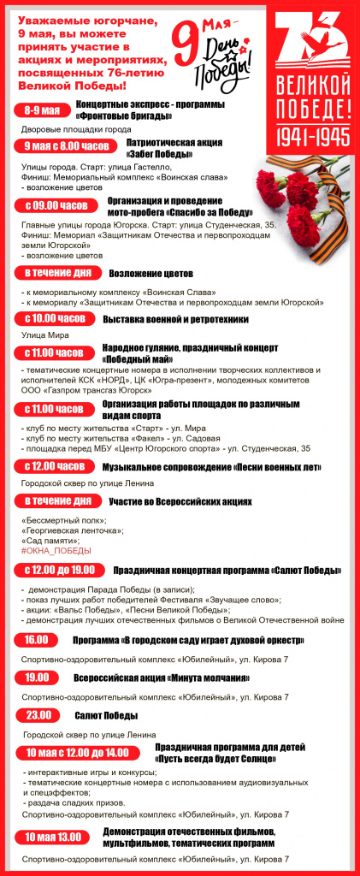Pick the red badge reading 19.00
pyautogui.click(x=37, y=678)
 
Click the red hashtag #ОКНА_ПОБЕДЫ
pyautogui.click(x=56, y=551)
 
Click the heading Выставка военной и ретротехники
pyautogui.click(x=175, y=319)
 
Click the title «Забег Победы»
pyautogui.click(x=159, y=154)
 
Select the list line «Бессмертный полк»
pyautogui.click(x=63, y=520)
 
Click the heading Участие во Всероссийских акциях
pyautogui.click(x=180, y=501)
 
